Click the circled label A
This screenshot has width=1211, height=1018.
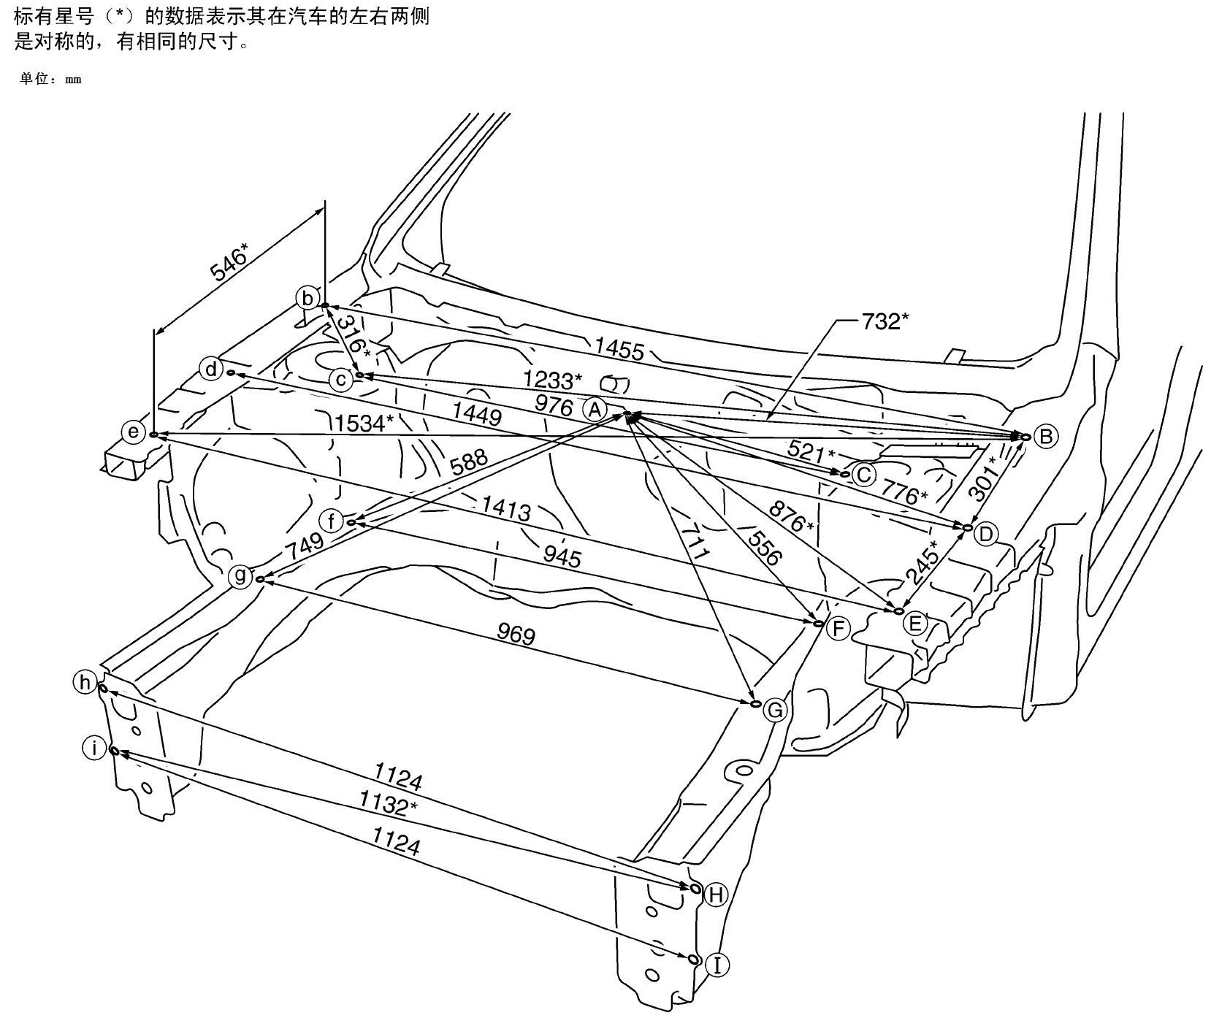pos(595,410)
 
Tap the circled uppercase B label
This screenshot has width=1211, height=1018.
pos(1045,437)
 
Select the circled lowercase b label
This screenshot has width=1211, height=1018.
pos(307,298)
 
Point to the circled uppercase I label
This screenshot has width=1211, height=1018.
pos(718,965)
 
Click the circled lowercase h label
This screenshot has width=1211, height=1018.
pos(85,683)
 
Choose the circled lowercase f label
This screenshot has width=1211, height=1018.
pos(332,521)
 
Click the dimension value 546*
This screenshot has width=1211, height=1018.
pos(229,261)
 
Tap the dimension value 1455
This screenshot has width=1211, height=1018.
pos(619,349)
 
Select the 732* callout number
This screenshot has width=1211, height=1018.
pos(885,321)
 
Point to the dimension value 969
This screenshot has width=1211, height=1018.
pos(516,634)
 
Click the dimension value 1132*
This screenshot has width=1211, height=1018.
pos(388,804)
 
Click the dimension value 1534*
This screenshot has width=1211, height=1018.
pos(364,422)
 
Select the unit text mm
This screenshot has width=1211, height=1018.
pos(73,80)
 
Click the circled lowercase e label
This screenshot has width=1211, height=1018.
pos(134,432)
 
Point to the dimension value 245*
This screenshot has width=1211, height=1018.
pos(922,563)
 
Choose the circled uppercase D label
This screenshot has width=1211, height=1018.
pos(986,535)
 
